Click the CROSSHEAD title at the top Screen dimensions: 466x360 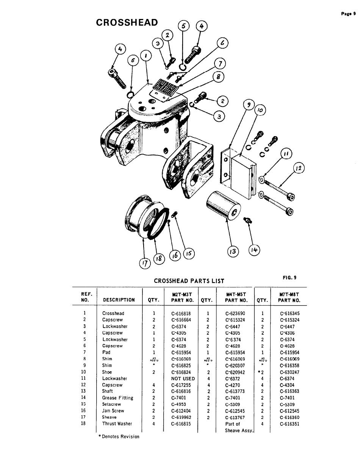127,22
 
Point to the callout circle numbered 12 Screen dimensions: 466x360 299,168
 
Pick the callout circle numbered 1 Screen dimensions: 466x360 146,56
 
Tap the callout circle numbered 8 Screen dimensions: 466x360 218,77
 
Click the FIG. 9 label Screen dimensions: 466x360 289,277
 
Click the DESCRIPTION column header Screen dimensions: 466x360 119,300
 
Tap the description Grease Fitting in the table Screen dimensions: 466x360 117,398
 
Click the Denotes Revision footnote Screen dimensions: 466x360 119,436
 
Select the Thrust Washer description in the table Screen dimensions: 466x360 117,424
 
